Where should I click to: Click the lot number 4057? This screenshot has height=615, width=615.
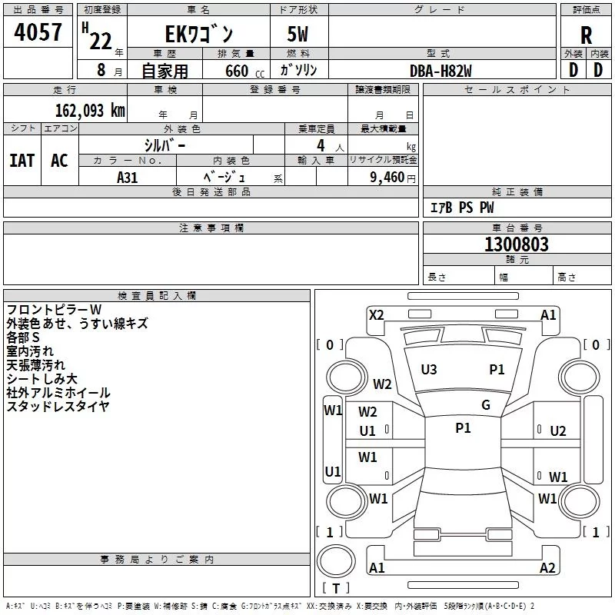pos(38,32)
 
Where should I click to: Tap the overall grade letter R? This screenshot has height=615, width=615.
pos(586,35)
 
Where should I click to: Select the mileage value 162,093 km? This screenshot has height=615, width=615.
pos(90,111)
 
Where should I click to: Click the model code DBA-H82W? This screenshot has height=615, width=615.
pos(440,71)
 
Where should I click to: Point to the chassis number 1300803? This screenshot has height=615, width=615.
pos(517,244)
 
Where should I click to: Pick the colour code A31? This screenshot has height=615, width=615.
pos(128,178)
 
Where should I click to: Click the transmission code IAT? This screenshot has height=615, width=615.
pos(22,161)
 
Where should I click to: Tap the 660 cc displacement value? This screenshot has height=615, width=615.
pos(244,71)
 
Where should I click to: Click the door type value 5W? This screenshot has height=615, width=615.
pos(298,34)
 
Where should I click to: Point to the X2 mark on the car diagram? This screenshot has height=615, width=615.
pos(377,315)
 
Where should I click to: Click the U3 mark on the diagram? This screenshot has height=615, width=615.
pos(429,370)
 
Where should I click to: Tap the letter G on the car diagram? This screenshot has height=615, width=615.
pos(486,405)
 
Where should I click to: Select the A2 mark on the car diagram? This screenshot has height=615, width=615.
pos(547,567)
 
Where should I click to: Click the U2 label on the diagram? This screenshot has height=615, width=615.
pos(558,431)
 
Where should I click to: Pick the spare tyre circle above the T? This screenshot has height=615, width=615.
pos(336,561)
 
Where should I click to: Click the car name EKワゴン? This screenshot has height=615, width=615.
pos(199,34)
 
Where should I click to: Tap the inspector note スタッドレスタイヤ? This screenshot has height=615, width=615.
pos(58,407)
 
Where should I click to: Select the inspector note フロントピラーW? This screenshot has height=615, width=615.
pos(54,310)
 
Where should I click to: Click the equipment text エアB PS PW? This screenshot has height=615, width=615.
pos(462,208)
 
